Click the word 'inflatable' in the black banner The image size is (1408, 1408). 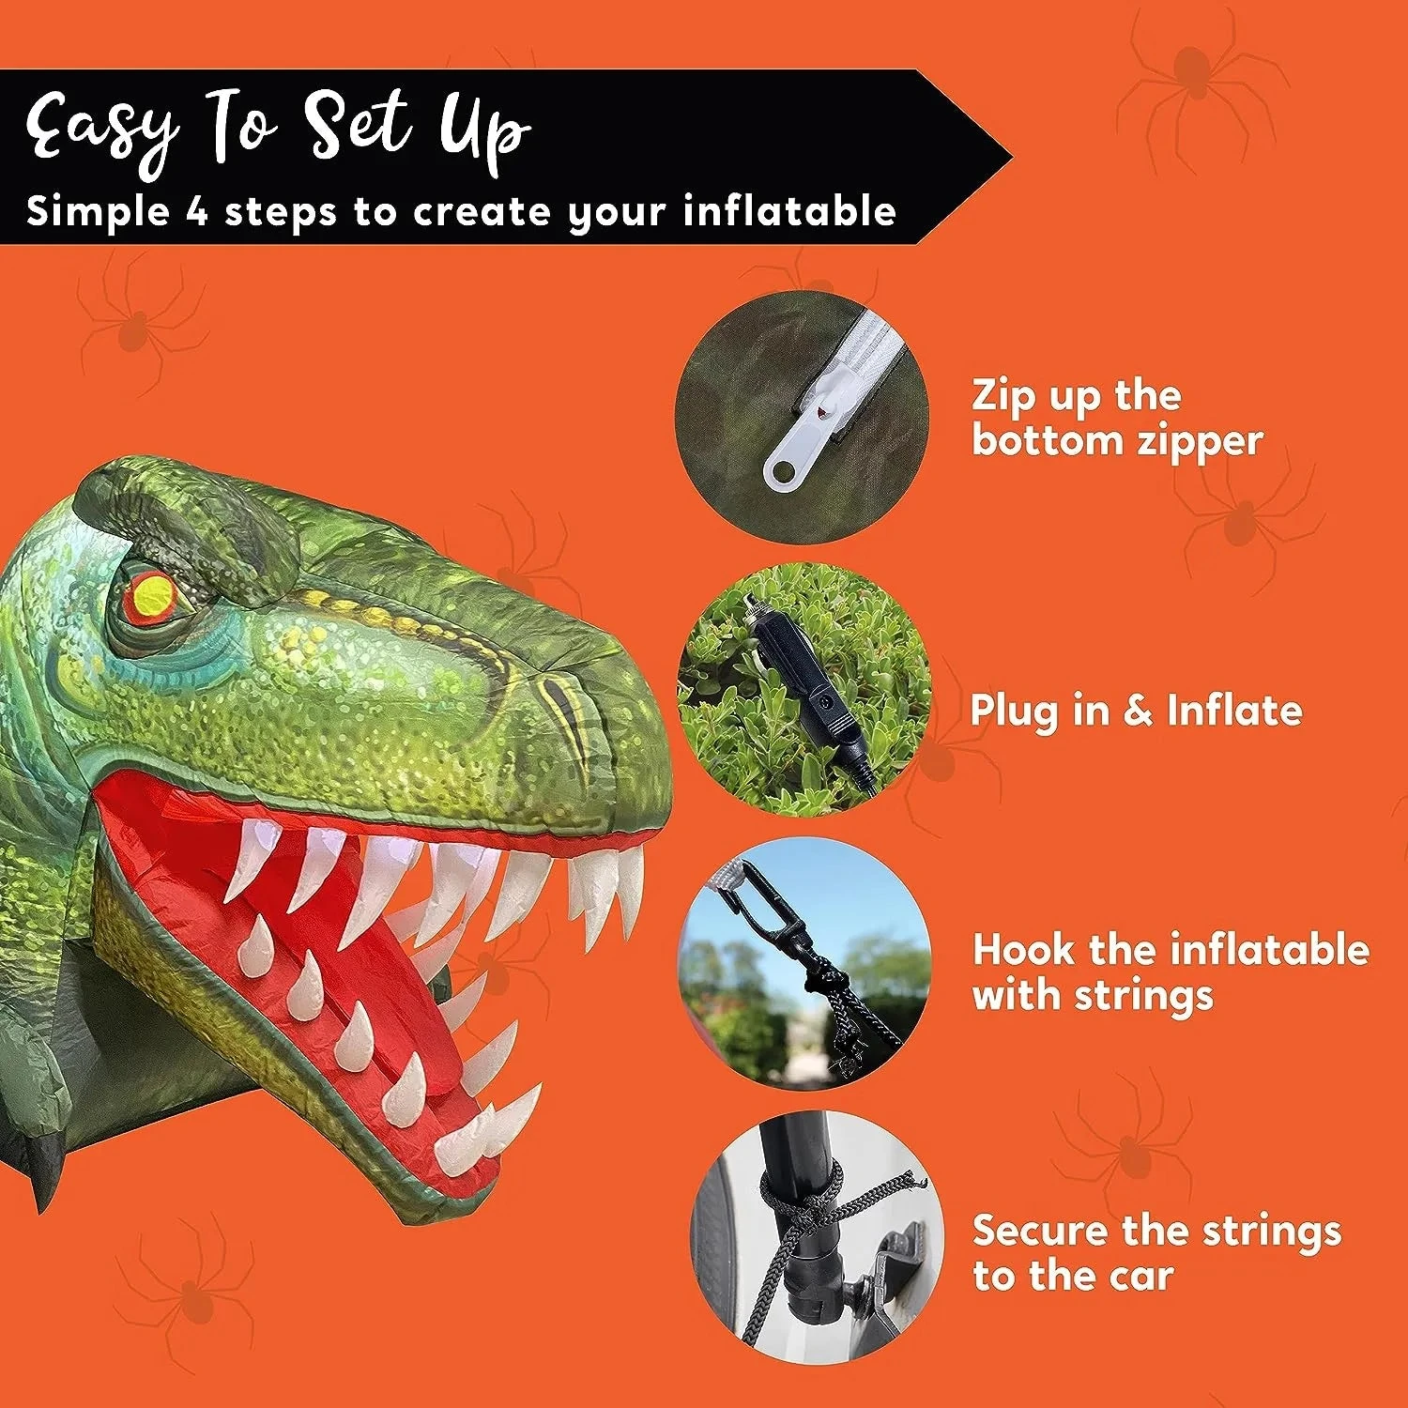tap(789, 211)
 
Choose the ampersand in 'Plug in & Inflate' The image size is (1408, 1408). tap(1138, 711)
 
